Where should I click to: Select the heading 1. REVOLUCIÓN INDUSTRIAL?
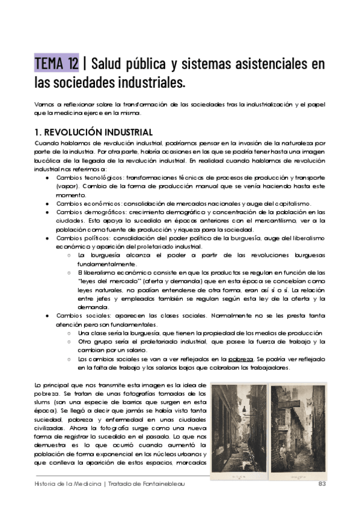coord(94,132)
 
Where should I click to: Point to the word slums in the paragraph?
coord(44,401)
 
